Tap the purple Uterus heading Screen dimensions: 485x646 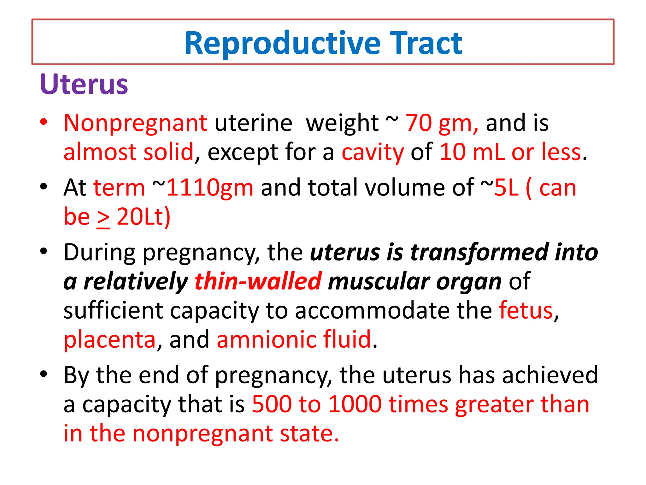coord(84,84)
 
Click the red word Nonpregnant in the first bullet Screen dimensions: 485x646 coord(135,123)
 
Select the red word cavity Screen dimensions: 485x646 coord(373,153)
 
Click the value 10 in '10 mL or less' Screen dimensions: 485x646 coord(452,152)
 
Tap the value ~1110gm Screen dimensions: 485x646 coord(203,188)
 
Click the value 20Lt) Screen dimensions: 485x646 coord(144,217)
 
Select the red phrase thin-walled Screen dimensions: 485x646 coord(258,281)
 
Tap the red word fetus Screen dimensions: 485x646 coord(526,310)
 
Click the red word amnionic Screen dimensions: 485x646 coord(266,339)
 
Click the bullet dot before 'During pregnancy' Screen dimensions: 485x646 coord(44,252)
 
